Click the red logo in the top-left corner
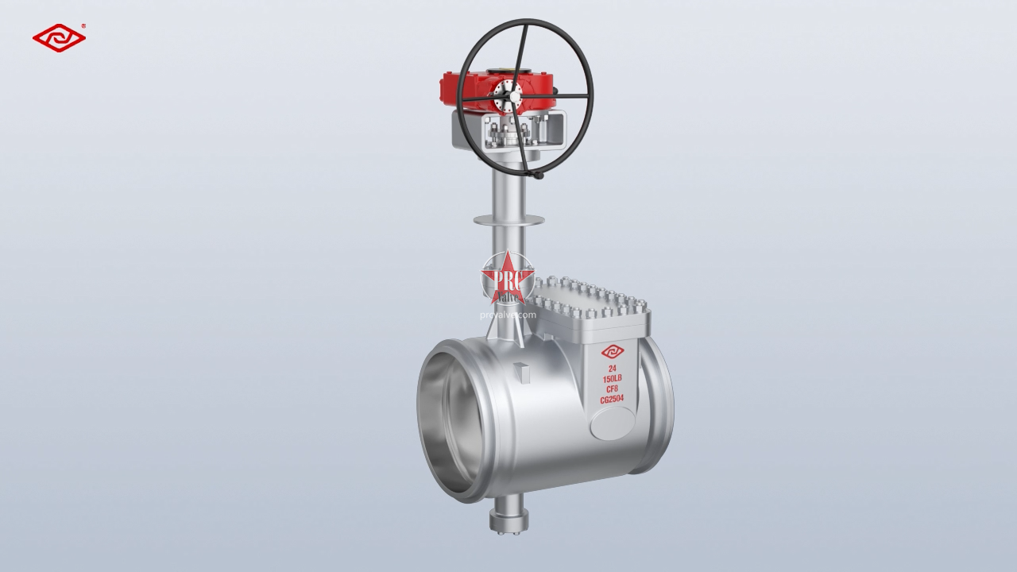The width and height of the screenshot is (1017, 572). pyautogui.click(x=59, y=38)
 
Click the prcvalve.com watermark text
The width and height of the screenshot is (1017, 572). pyautogui.click(x=508, y=315)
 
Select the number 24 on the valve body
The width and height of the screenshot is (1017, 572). pyautogui.click(x=613, y=369)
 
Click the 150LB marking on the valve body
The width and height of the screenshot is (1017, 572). pyautogui.click(x=613, y=379)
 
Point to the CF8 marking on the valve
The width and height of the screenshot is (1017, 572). pyautogui.click(x=613, y=389)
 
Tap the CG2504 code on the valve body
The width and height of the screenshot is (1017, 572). pyautogui.click(x=613, y=400)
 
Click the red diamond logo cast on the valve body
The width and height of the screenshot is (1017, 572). pyautogui.click(x=613, y=352)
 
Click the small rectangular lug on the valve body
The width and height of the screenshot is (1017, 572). pyautogui.click(x=520, y=369)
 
